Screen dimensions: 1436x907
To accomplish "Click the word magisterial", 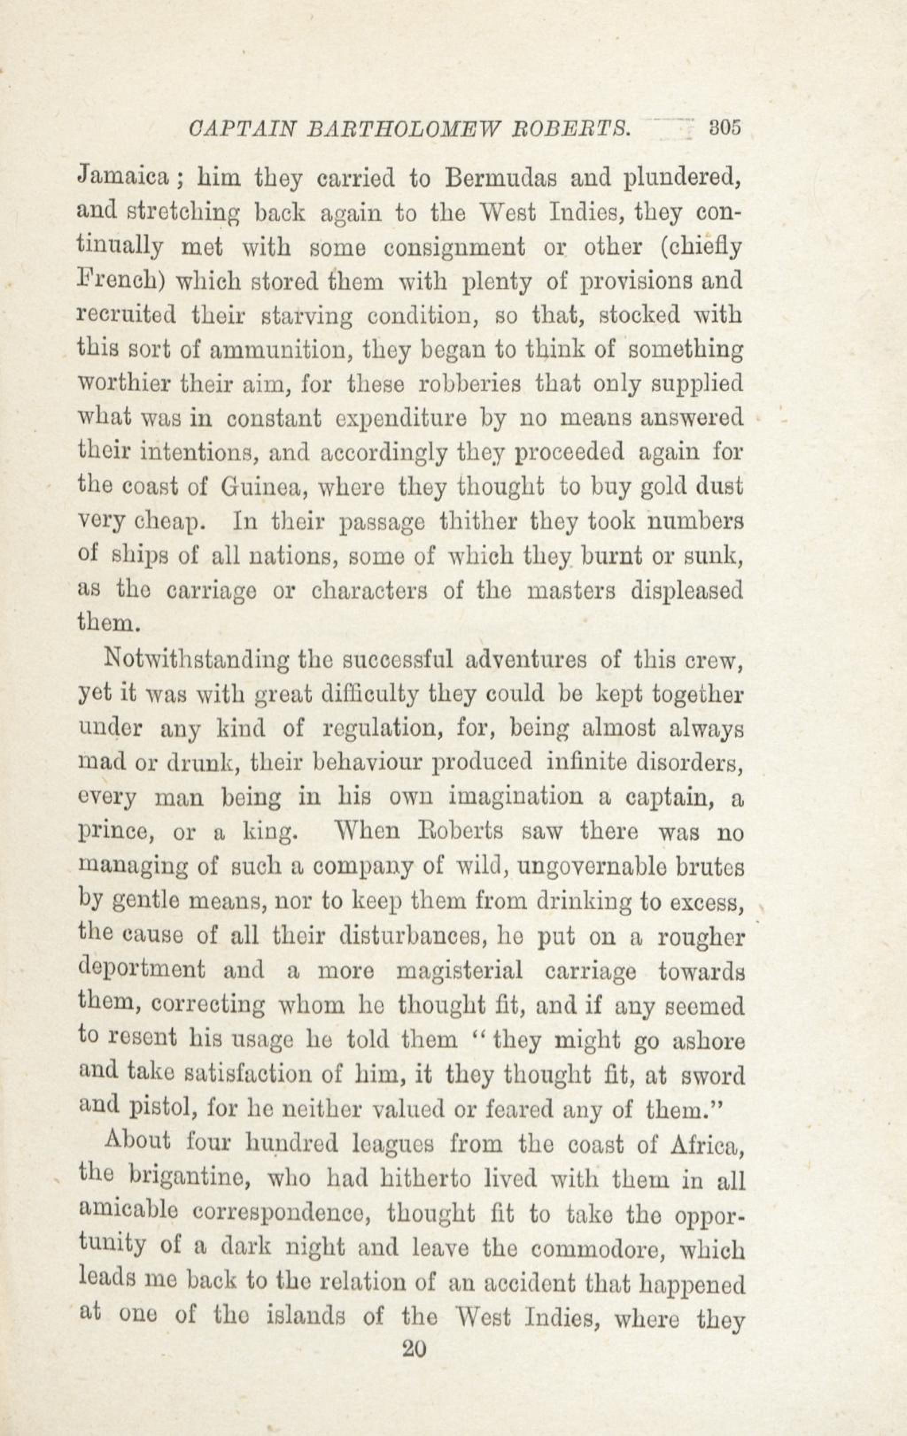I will click(x=459, y=970).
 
